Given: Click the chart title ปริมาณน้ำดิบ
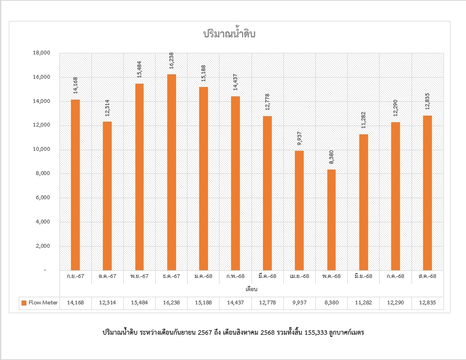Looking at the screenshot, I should pos(230,34).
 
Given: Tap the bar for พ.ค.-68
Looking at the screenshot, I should pos(331,220).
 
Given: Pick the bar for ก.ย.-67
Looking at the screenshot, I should pos(75,184).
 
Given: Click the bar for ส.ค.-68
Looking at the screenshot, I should pos(427,193).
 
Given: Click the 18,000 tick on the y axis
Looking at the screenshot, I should pos(42,53).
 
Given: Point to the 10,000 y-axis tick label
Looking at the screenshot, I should pos(42,150).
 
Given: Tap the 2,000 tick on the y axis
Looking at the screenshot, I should pos(43,247).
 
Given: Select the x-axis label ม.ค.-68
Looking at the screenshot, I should pos(203,276).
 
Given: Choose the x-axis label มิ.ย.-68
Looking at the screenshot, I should pos(363,276).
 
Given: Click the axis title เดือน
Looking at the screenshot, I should pos(252,288).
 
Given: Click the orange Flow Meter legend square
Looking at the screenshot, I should pos(24,303).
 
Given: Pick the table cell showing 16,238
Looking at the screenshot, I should pos(171,303).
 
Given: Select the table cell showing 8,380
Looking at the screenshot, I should pos(331,303).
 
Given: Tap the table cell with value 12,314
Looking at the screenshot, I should pos(107,303).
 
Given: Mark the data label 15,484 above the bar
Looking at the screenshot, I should pos(140,70).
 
